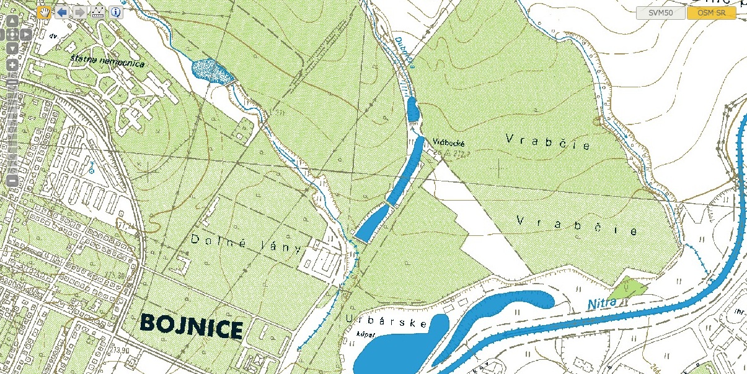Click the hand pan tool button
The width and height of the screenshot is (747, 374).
pos(44,12)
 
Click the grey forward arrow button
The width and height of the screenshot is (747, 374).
pos(80,12)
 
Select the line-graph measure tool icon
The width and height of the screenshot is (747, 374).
pos(98,12)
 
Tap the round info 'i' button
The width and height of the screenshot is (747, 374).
pos(116,12)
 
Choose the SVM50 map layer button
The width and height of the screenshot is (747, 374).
pos(660,13)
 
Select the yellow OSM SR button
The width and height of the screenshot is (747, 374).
pos(711,13)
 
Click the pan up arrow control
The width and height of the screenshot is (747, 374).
pos(12,20)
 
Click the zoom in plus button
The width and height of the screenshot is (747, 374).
pos(12,64)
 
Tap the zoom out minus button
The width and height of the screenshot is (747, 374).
pos(12,180)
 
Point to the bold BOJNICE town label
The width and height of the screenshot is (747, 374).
pos(190,325)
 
